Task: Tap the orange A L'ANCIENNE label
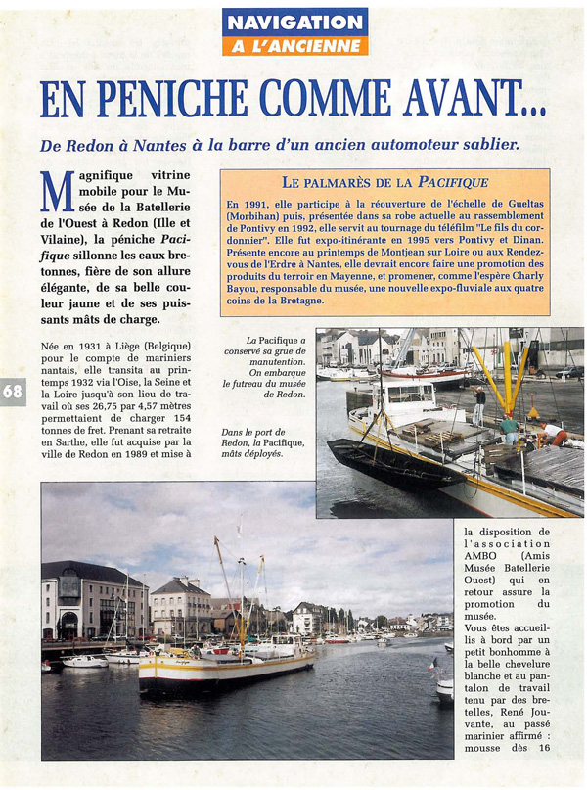pos(293,46)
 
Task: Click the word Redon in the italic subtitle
pos(86,144)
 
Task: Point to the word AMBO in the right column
pos(480,553)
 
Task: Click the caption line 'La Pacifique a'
pos(276,340)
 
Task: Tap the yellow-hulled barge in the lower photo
pos(225,670)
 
